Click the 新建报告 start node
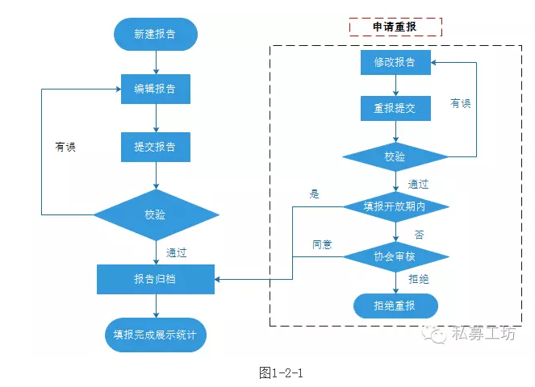[x=155, y=35]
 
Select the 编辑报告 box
[x=155, y=89]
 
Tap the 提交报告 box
[x=155, y=148]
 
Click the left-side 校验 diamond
[x=156, y=214]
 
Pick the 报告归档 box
[x=155, y=279]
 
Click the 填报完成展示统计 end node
[x=155, y=334]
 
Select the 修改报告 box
[x=395, y=62]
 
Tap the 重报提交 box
[x=395, y=108]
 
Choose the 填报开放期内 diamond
[x=395, y=206]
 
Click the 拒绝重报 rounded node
[x=395, y=306]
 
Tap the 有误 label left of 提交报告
[x=65, y=147]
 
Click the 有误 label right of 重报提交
[x=461, y=103]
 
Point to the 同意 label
[x=323, y=243]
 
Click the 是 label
[x=315, y=193]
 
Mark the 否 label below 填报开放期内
[x=419, y=234]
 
